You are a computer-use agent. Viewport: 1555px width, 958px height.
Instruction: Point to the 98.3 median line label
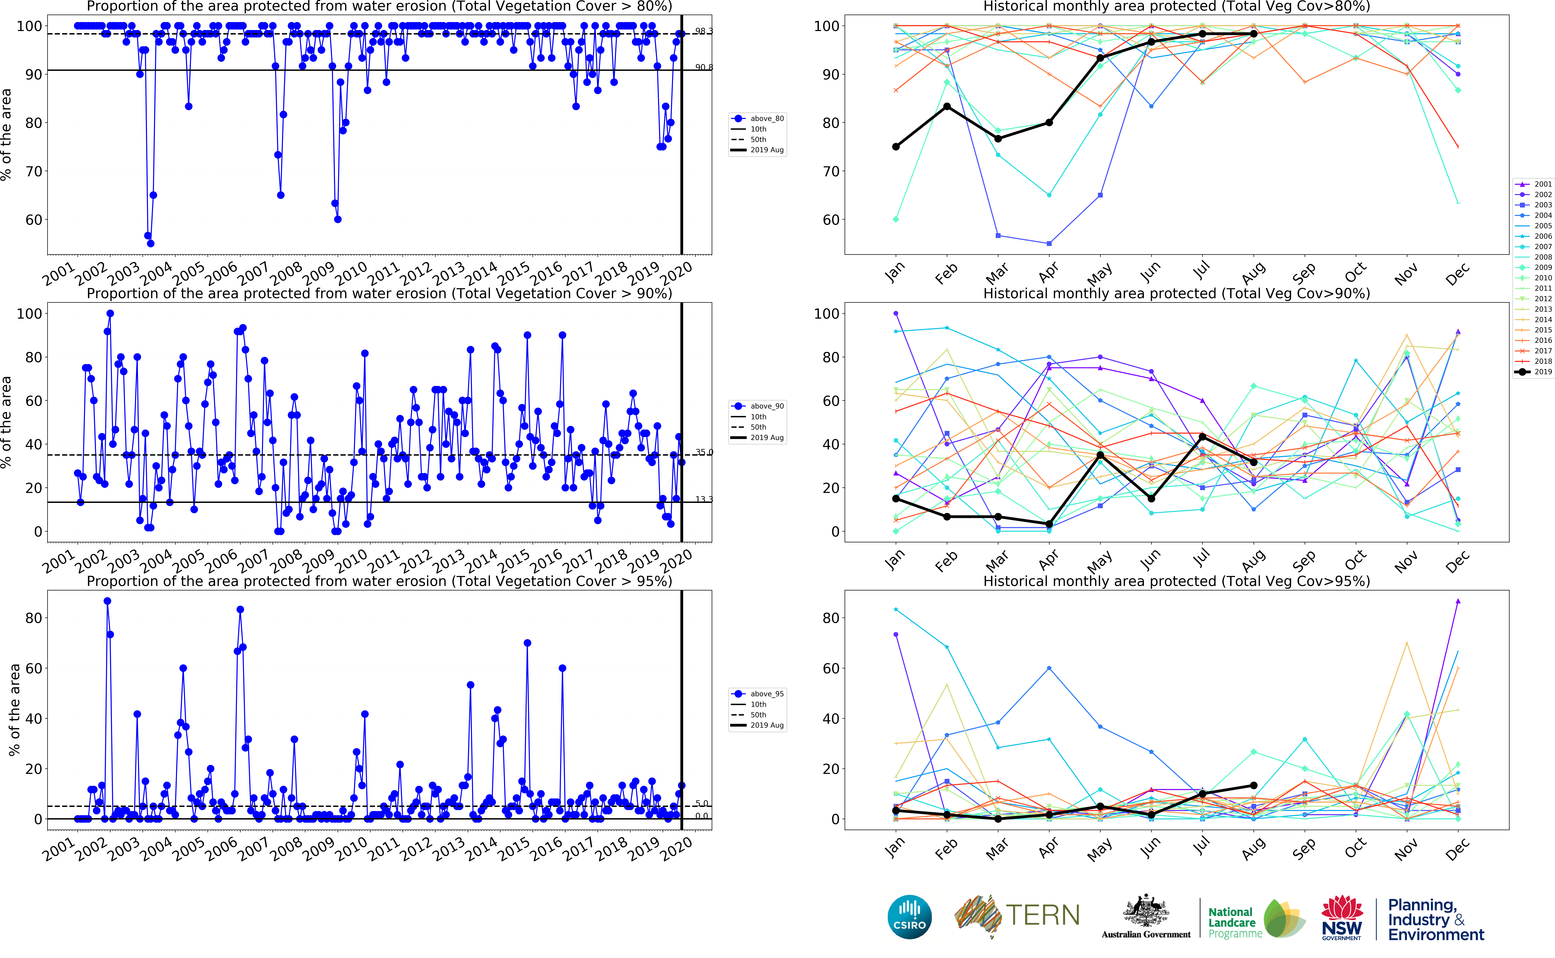703,31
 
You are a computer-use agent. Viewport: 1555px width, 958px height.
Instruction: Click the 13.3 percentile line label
703,499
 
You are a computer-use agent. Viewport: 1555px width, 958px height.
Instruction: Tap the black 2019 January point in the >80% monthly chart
896,147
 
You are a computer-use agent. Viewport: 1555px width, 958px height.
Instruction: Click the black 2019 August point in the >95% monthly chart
1253,786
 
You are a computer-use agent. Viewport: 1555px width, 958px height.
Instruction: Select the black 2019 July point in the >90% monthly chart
1202,437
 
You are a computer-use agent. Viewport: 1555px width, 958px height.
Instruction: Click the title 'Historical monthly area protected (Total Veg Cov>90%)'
1176,293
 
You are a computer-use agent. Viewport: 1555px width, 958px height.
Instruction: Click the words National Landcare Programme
1234,922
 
